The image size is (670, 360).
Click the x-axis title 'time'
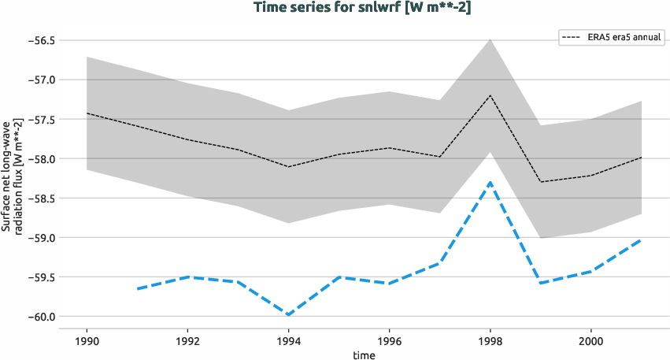(x=364, y=354)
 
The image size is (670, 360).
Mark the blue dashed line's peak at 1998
(x=490, y=182)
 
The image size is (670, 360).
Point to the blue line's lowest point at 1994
(x=288, y=315)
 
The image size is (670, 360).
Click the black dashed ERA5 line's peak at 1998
(x=490, y=95)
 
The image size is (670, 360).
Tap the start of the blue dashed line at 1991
(x=137, y=288)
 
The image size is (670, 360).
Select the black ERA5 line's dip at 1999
(x=540, y=182)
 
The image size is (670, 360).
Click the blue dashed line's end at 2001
(x=641, y=239)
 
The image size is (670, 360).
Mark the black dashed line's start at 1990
(x=87, y=113)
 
